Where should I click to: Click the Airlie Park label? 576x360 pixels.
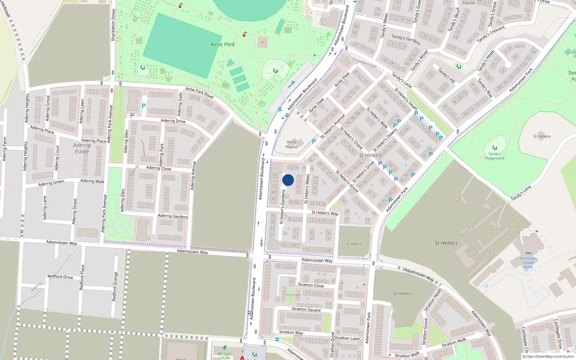pyautogui.click(x=222, y=44)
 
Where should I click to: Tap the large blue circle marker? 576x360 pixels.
pyautogui.click(x=288, y=180)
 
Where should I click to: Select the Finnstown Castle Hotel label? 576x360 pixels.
pyautogui.click(x=528, y=263)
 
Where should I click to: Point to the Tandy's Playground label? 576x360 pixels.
pyautogui.click(x=494, y=156)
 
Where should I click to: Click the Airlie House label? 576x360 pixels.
pyautogui.click(x=292, y=144)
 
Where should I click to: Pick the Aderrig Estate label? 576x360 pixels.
pyautogui.click(x=82, y=148)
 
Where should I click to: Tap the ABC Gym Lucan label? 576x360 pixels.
pyautogui.click(x=224, y=356)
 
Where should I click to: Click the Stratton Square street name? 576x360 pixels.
pyautogui.click(x=306, y=309)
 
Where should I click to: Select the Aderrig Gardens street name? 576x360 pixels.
pyautogui.click(x=173, y=216)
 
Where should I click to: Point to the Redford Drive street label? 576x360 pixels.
pyautogui.click(x=60, y=276)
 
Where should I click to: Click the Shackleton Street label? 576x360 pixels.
pyautogui.click(x=113, y=25)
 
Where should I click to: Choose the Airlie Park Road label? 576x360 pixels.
pyautogui.click(x=199, y=93)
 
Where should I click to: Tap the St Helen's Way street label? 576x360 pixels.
pyautogui.click(x=325, y=213)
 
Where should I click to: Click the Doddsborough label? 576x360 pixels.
pyautogui.click(x=364, y=63)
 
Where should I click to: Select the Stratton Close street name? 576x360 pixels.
pyautogui.click(x=311, y=285)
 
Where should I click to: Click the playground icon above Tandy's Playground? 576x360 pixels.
pyautogui.click(x=495, y=148)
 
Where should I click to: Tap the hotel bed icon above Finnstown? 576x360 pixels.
pyautogui.click(x=528, y=253)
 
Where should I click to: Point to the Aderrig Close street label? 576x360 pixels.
pyautogui.click(x=158, y=168)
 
